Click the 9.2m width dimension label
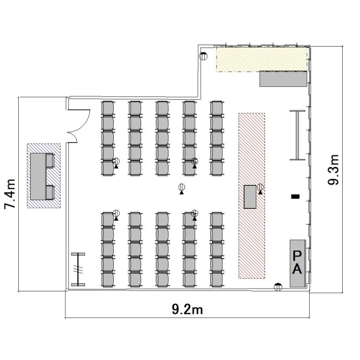(187, 310)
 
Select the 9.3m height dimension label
(333, 169)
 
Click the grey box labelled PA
(298, 264)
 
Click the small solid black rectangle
(296, 196)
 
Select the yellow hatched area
(262, 59)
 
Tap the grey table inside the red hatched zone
(250, 197)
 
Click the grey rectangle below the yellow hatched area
(283, 79)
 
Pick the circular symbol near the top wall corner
(203, 56)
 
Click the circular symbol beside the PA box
(278, 287)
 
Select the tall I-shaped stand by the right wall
(298, 135)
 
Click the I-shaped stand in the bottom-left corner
(78, 269)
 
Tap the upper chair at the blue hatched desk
(50, 160)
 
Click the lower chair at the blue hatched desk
(50, 192)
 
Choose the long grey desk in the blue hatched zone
(38, 176)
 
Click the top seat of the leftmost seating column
(108, 108)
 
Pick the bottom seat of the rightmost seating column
(216, 279)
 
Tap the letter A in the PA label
(297, 269)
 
